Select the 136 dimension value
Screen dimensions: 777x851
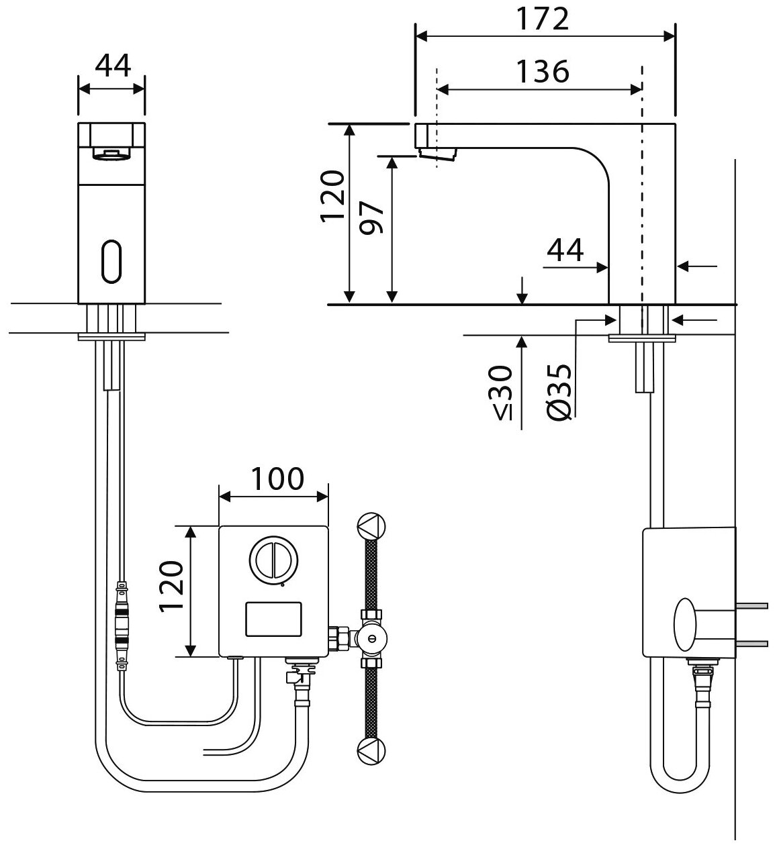point(543,70)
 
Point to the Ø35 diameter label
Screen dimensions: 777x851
point(559,393)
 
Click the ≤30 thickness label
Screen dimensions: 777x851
point(504,393)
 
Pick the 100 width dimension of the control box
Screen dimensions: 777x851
point(277,479)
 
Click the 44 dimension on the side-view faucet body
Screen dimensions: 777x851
point(565,250)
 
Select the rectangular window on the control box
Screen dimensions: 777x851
point(273,619)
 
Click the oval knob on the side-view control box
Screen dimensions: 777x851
point(686,624)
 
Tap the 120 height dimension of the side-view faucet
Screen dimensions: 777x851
point(333,197)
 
